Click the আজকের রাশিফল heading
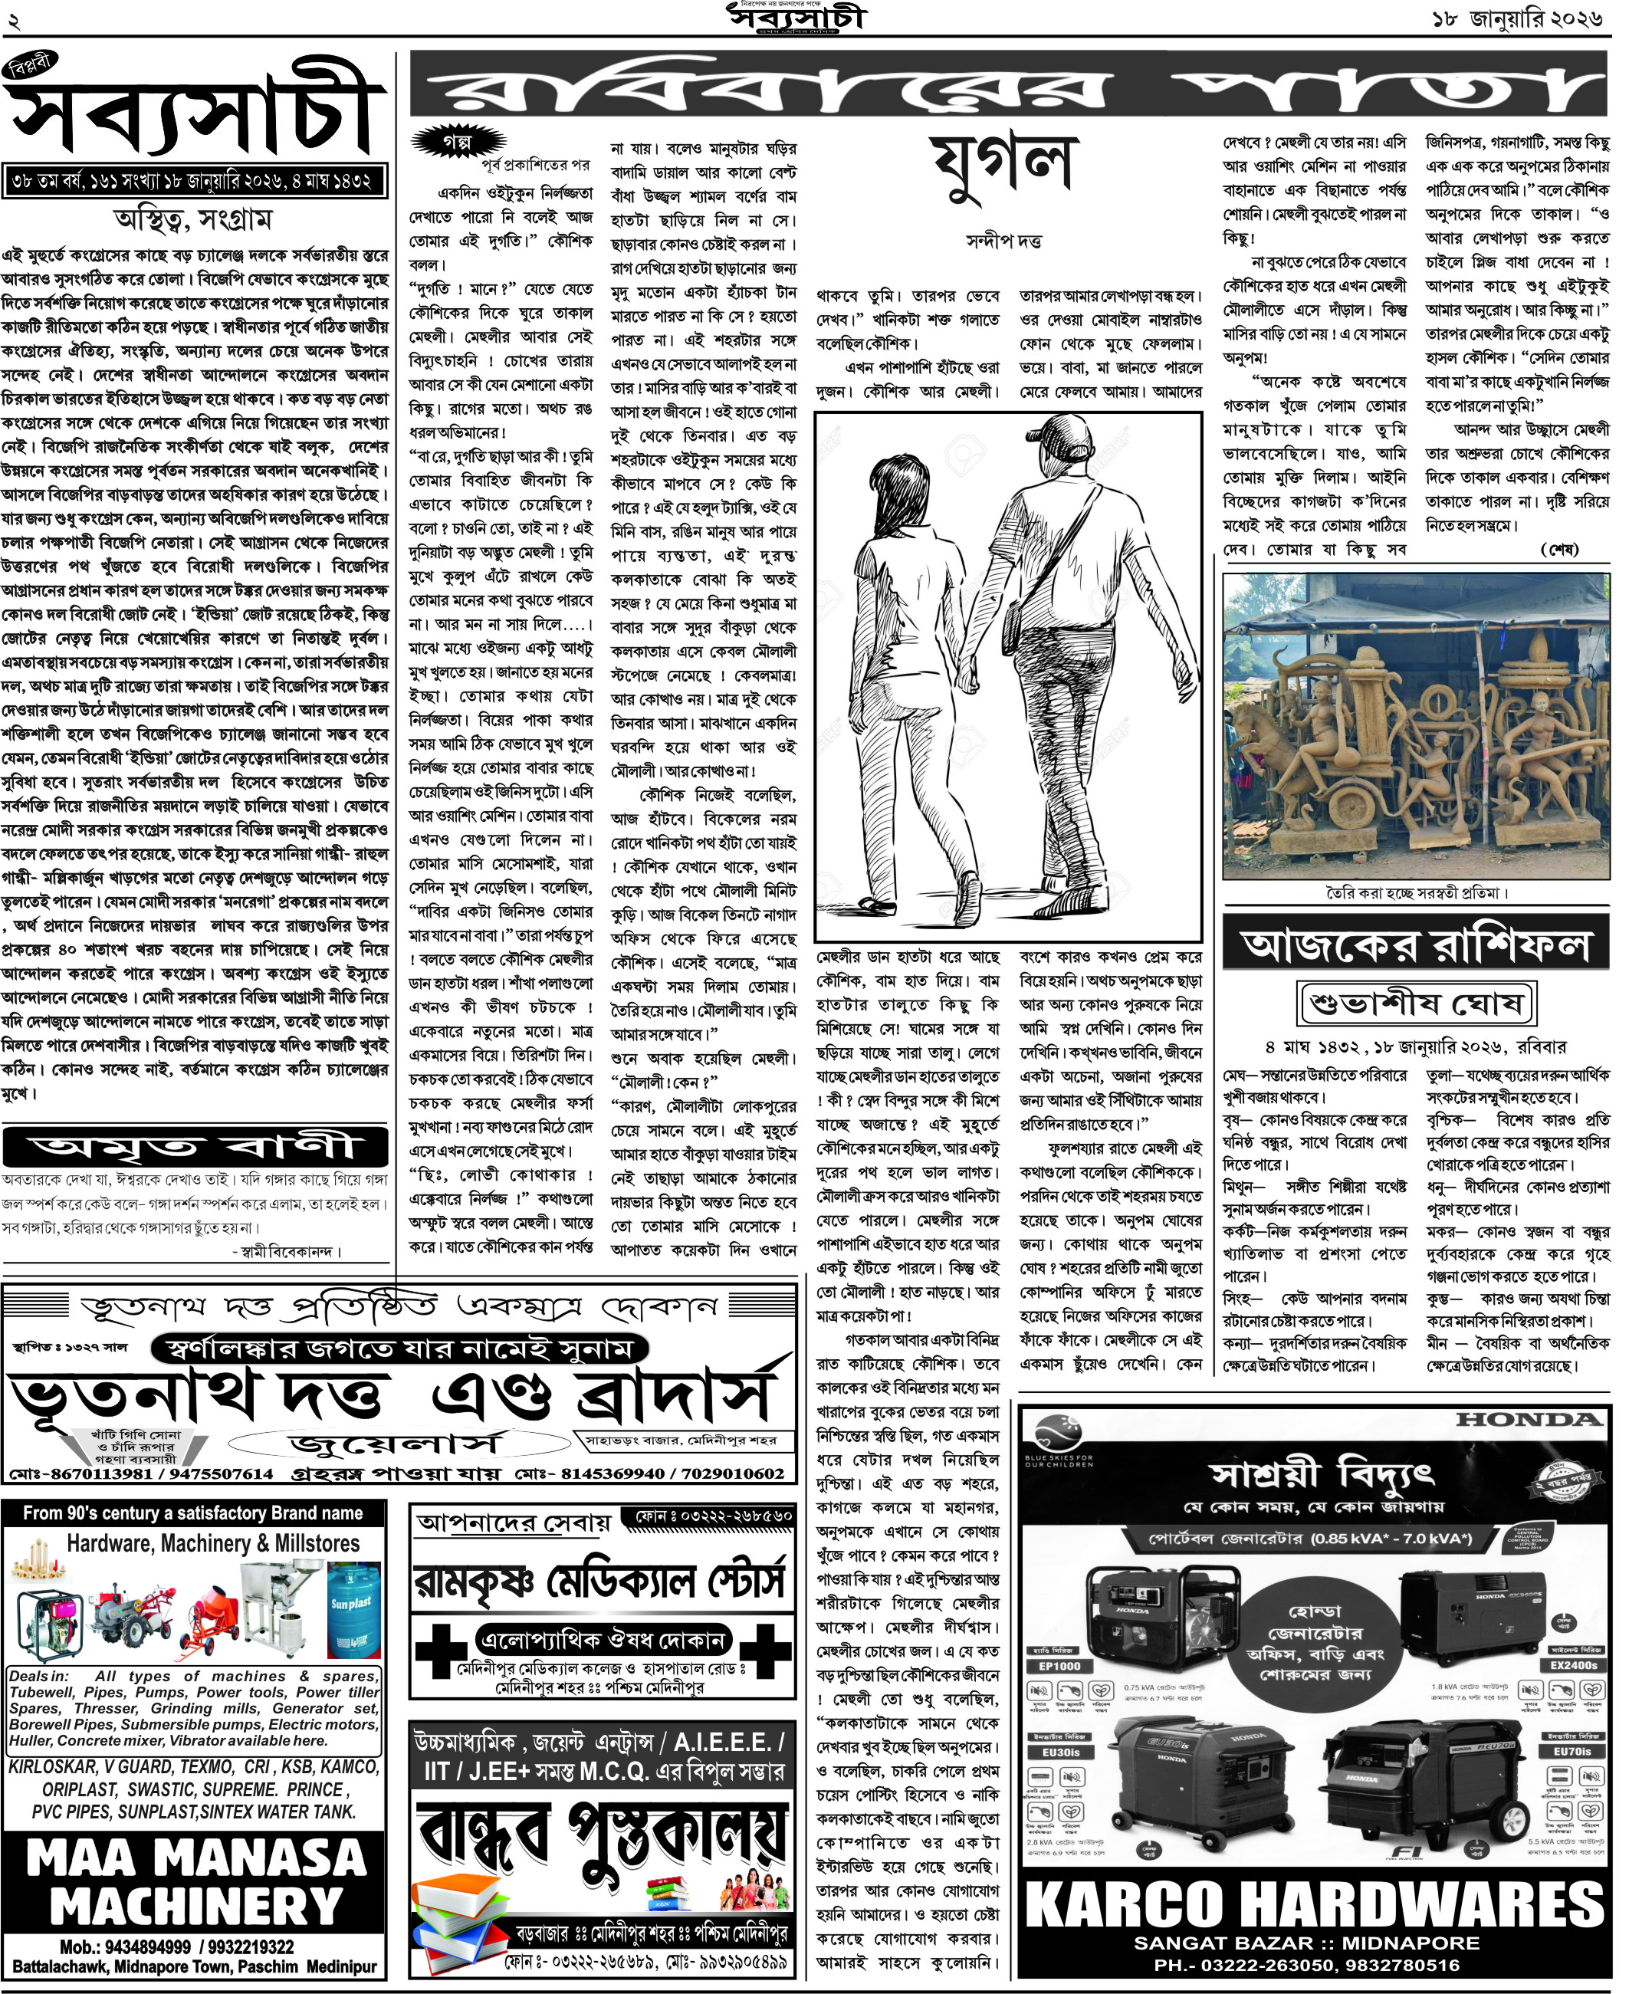(x=1415, y=946)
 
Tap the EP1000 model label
(x=1059, y=1666)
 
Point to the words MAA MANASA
(x=195, y=1859)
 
